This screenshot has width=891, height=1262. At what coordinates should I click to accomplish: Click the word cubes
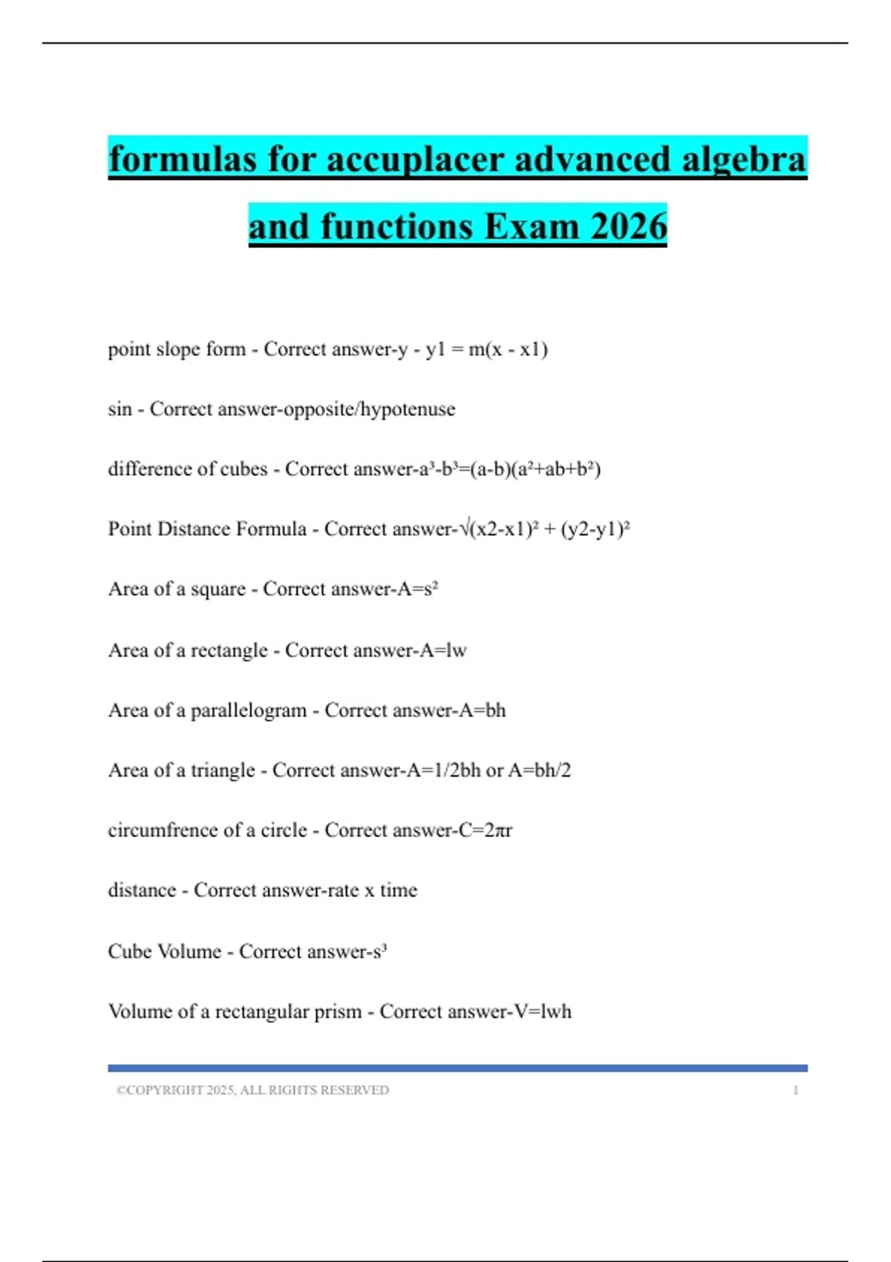pyautogui.click(x=244, y=469)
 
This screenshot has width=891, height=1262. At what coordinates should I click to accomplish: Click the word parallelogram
pyautogui.click(x=249, y=710)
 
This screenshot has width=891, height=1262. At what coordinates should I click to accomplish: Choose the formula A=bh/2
pyautogui.click(x=540, y=771)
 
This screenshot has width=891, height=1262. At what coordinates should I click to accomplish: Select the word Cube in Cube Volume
pyautogui.click(x=130, y=951)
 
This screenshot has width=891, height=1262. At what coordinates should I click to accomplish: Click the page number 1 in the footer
pyautogui.click(x=795, y=1091)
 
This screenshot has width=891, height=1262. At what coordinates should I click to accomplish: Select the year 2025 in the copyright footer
pyautogui.click(x=221, y=1091)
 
